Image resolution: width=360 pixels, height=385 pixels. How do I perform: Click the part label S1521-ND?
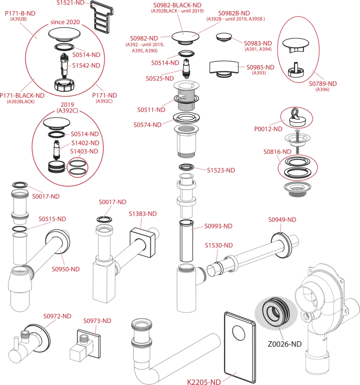[71, 3]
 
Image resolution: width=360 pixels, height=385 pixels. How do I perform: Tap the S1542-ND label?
[86, 66]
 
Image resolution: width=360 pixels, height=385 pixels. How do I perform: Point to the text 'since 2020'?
[65, 22]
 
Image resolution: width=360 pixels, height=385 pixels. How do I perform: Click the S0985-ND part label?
[261, 67]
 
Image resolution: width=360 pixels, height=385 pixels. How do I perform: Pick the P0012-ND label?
[268, 129]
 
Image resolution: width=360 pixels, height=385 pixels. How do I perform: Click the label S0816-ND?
[277, 151]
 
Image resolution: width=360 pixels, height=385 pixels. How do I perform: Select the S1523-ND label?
[222, 170]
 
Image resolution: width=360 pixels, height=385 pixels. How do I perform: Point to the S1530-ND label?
[219, 245]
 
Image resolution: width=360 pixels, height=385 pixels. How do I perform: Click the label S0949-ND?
[283, 220]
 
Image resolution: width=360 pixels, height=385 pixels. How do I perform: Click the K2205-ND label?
[204, 382]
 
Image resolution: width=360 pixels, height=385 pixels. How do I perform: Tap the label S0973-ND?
[98, 321]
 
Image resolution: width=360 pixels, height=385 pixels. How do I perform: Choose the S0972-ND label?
[57, 316]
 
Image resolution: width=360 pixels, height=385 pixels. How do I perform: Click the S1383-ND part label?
[143, 214]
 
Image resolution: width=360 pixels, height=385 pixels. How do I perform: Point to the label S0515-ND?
[52, 219]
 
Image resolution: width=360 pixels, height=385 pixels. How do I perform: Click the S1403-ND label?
[84, 151]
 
